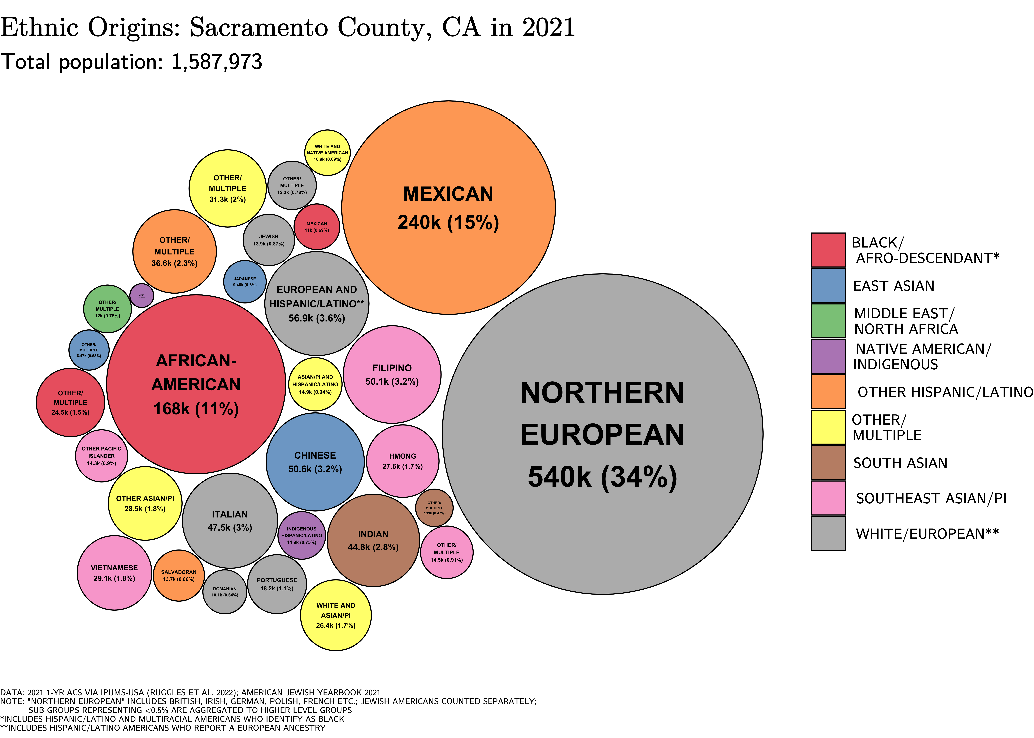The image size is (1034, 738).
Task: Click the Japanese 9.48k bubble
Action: coord(245,282)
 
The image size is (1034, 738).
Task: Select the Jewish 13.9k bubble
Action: coord(269,240)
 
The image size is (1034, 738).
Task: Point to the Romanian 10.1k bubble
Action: coord(225,592)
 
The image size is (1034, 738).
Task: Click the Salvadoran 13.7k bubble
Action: coord(179,575)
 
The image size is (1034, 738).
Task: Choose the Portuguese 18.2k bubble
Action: coord(277,584)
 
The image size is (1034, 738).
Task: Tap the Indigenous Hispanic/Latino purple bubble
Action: coord(301,535)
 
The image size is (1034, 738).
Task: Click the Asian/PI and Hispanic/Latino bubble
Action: coord(315,384)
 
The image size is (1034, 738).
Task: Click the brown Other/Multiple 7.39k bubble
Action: coord(434,508)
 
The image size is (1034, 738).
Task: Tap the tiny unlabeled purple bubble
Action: coord(141,295)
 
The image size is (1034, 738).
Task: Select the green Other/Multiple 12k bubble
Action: coord(107,309)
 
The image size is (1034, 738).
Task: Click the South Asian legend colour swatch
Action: coord(829,463)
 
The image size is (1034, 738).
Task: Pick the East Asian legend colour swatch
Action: coord(829,285)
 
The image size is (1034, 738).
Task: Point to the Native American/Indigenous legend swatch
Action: coord(829,356)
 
